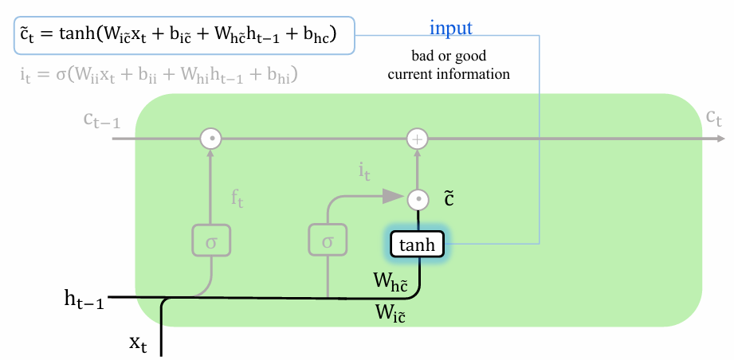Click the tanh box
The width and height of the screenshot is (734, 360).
(x=417, y=244)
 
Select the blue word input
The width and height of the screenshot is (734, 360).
(x=451, y=28)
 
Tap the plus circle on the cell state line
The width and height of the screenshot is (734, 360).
(x=417, y=139)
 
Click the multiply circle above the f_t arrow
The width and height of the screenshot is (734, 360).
(x=210, y=139)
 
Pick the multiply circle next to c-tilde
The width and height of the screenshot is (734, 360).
(x=417, y=200)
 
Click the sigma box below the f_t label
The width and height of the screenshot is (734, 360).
(x=211, y=240)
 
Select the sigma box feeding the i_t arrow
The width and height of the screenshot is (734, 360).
(x=328, y=240)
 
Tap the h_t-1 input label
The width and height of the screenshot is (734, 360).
(x=84, y=299)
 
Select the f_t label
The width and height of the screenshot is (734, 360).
(x=237, y=199)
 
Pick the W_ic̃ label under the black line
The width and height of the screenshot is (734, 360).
(x=390, y=313)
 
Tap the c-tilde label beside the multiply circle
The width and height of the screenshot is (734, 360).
(x=449, y=199)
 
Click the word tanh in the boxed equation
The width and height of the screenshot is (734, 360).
(x=77, y=36)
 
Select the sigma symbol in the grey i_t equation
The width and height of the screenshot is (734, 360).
(x=62, y=75)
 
